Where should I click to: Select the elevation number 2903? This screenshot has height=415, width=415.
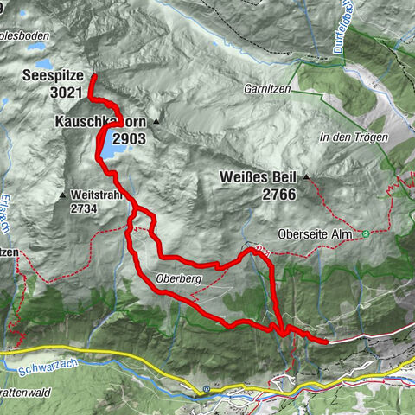(x=129, y=137)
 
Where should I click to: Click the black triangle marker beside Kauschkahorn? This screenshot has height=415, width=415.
(x=156, y=121)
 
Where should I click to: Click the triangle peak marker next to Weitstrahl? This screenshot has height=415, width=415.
(x=63, y=195)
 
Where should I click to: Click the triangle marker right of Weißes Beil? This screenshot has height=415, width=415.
(x=305, y=178)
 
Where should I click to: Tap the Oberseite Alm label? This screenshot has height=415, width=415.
(x=318, y=233)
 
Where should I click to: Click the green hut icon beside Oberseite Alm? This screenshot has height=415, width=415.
(x=367, y=233)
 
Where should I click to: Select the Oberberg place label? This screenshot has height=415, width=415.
(x=179, y=278)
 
